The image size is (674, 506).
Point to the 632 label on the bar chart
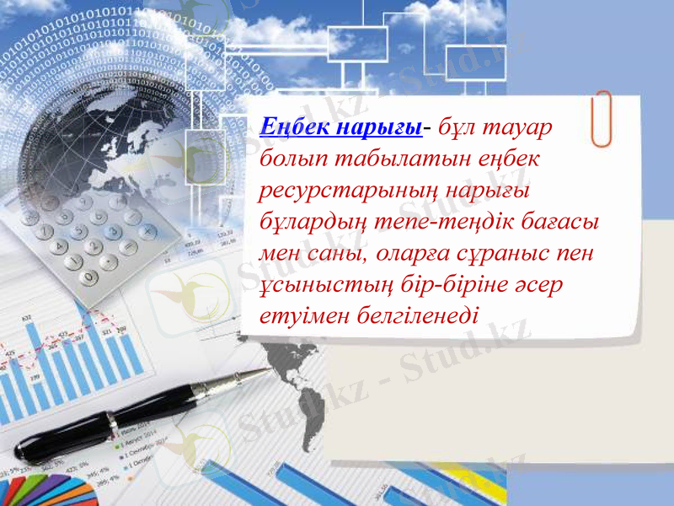click(x=26, y=318)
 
